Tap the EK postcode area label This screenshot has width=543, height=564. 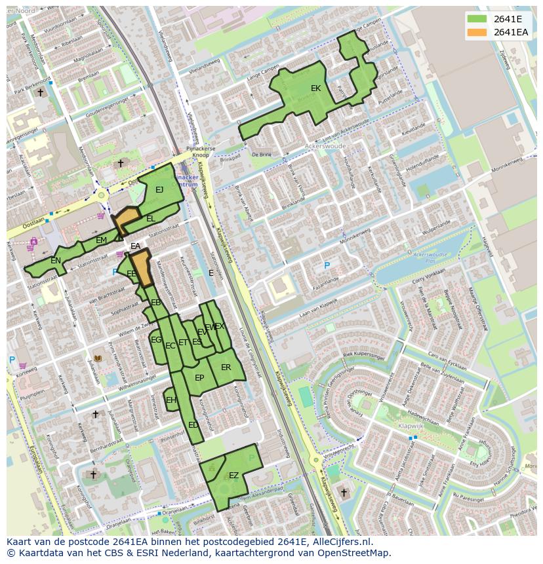click(315, 88)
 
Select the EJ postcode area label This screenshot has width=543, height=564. click(159, 190)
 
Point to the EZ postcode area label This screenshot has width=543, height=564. click(233, 476)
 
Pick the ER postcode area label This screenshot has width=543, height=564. click(226, 367)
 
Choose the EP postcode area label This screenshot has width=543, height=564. click(199, 378)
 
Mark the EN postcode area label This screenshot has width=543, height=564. click(56, 261)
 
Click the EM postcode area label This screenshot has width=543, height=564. click(101, 240)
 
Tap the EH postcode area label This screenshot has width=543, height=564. click(171, 400)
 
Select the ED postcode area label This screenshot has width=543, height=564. click(193, 425)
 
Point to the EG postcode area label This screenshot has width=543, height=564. click(156, 340)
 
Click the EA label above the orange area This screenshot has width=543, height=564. click(135, 246)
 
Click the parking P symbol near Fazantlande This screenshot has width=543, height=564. click(327, 265)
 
